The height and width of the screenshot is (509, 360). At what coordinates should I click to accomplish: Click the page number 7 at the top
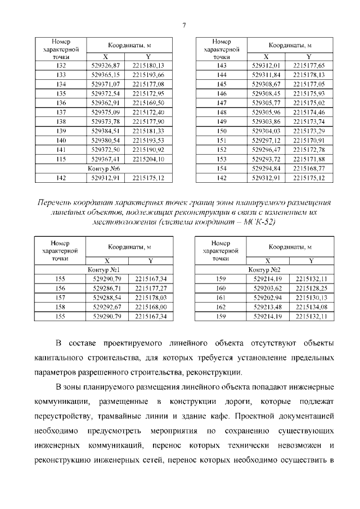(x=184, y=24)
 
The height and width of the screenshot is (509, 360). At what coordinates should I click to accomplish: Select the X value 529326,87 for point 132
(x=106, y=66)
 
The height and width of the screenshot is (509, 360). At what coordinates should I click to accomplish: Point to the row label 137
(x=61, y=111)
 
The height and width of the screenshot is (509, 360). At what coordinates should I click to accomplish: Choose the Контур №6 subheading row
(x=105, y=168)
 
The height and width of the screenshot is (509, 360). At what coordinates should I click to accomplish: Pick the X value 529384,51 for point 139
(x=106, y=130)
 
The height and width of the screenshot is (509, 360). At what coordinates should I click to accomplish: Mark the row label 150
(x=221, y=130)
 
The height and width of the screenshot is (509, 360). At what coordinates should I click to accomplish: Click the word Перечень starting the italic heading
(x=54, y=201)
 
